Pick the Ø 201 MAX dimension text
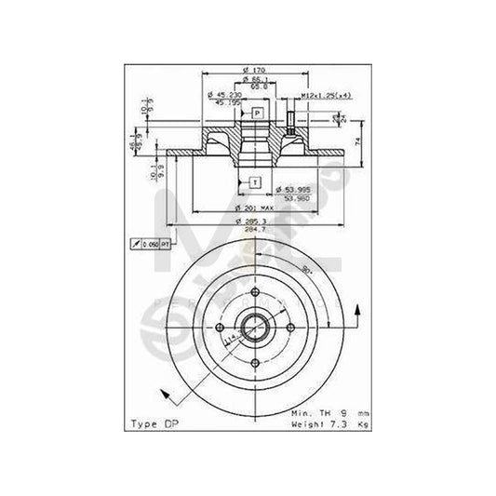pos(253,206)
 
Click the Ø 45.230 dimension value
pos(223,95)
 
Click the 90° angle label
pos(304,270)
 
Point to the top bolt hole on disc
pos(256,291)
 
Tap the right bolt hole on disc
pos(291,328)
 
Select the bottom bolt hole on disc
pos(255,363)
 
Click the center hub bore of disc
pos(255,328)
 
